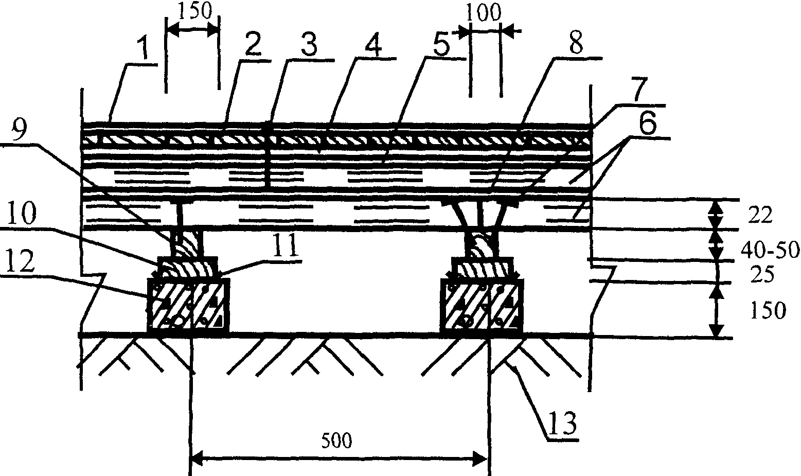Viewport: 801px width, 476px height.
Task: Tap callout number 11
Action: [x=286, y=249]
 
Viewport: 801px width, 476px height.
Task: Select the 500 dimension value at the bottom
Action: [x=337, y=440]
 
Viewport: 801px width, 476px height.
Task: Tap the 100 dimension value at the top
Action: [x=483, y=13]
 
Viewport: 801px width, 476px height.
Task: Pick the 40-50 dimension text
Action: [x=769, y=250]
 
